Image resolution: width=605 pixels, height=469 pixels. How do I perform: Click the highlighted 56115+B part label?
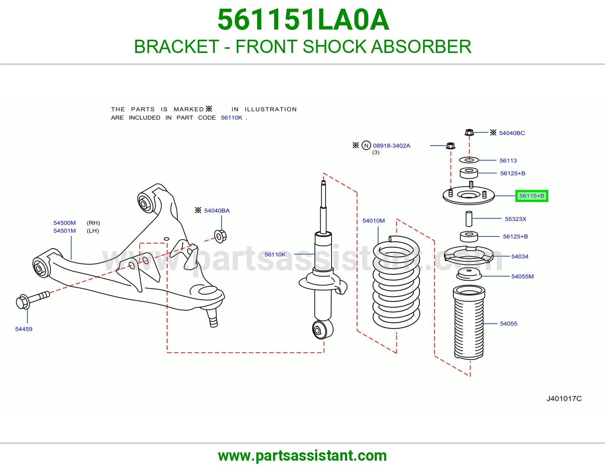(532, 196)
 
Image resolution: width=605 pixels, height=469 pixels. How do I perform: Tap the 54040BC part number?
(512, 133)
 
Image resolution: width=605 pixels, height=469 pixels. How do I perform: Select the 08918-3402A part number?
(391, 146)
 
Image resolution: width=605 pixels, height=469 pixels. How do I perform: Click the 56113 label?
(508, 161)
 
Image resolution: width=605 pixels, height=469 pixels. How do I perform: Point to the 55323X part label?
(516, 219)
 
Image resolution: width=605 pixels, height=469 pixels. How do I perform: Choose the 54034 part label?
(520, 256)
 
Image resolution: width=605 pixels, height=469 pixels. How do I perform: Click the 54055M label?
(522, 276)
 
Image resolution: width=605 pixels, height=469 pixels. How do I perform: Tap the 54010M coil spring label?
(373, 221)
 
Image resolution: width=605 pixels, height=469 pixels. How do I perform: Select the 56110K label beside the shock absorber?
(275, 254)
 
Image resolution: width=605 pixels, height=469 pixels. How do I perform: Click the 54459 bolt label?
(24, 329)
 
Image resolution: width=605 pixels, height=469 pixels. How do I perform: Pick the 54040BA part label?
(217, 211)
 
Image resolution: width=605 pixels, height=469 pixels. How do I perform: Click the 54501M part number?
(65, 231)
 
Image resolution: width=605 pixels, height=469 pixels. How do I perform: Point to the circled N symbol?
(366, 145)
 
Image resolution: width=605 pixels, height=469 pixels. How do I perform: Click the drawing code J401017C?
(564, 399)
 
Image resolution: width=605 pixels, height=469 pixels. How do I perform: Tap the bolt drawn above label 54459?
(33, 300)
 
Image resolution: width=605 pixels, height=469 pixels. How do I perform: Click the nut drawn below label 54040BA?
(220, 236)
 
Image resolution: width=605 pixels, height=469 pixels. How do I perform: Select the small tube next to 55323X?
(469, 219)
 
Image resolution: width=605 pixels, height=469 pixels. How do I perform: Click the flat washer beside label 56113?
(469, 160)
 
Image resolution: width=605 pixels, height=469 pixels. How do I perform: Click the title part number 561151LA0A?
(303, 20)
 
